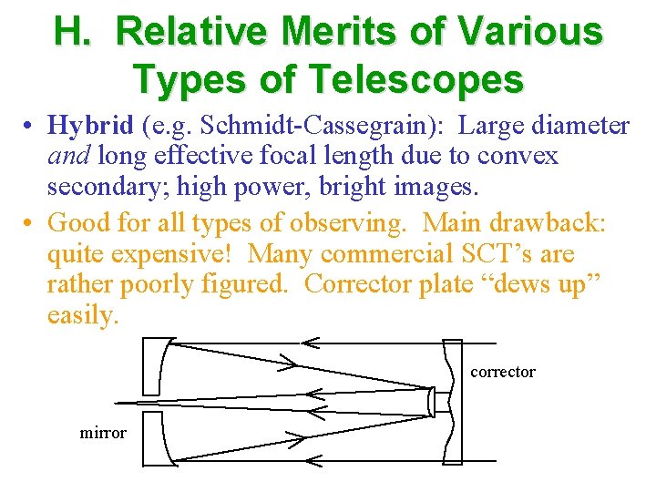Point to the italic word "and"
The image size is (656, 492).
(67, 156)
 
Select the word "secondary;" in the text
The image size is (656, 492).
(104, 188)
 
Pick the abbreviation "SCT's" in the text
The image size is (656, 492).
(507, 252)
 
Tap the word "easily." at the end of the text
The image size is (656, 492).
(83, 316)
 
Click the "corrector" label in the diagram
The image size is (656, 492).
(503, 372)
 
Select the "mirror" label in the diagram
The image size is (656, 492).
(103, 433)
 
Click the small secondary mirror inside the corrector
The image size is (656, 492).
(431, 401)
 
